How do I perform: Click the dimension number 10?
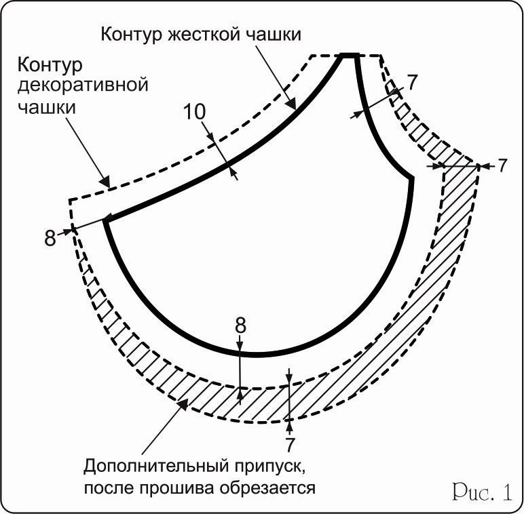click(x=195, y=113)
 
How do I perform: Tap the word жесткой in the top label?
click(x=194, y=34)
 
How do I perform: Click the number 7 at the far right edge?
click(x=502, y=165)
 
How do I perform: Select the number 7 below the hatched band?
click(x=290, y=445)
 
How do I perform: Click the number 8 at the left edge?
click(x=50, y=239)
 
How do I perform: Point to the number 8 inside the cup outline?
click(x=240, y=325)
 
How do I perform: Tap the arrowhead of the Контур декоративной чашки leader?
click(x=105, y=182)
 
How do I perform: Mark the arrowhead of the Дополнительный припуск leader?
click(x=181, y=405)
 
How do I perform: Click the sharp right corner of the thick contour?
click(x=411, y=178)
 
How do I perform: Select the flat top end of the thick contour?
click(x=349, y=56)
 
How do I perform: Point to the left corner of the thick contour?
click(x=106, y=220)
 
